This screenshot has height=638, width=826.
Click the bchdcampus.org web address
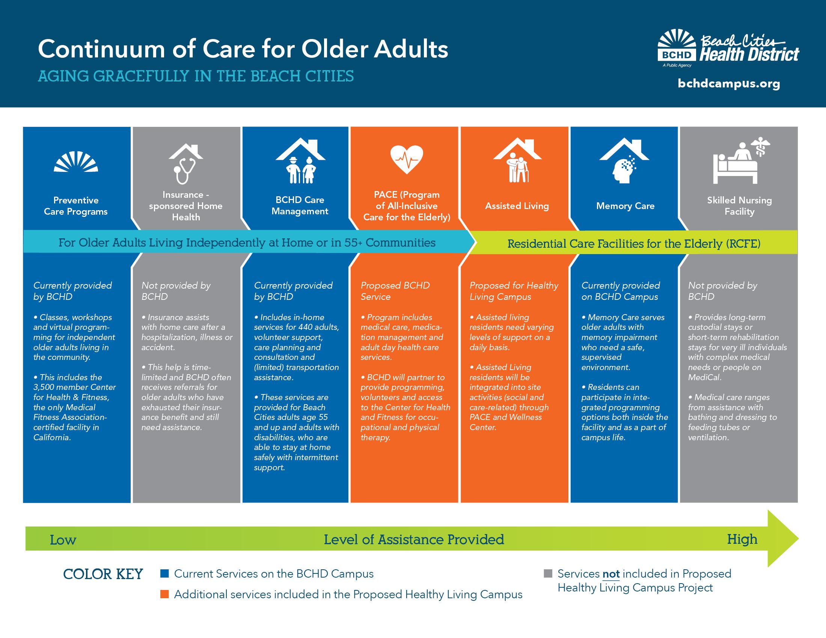[x=729, y=84]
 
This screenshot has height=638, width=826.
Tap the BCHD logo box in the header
[x=677, y=55]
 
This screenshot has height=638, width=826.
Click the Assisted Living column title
[x=517, y=206]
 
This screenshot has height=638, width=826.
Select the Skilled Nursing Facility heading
[x=739, y=206]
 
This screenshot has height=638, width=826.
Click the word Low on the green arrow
[x=63, y=540]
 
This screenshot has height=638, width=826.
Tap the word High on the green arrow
[x=742, y=539]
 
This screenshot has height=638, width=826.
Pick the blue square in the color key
[x=164, y=574]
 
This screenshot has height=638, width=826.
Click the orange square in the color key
[x=164, y=594]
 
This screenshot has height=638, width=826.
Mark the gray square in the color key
[x=548, y=574]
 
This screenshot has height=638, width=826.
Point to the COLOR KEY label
[x=103, y=574]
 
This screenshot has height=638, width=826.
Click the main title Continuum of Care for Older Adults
[x=243, y=49]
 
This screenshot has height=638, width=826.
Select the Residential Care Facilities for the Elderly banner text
[x=634, y=244]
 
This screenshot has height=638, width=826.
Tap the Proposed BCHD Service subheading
[x=395, y=291]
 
